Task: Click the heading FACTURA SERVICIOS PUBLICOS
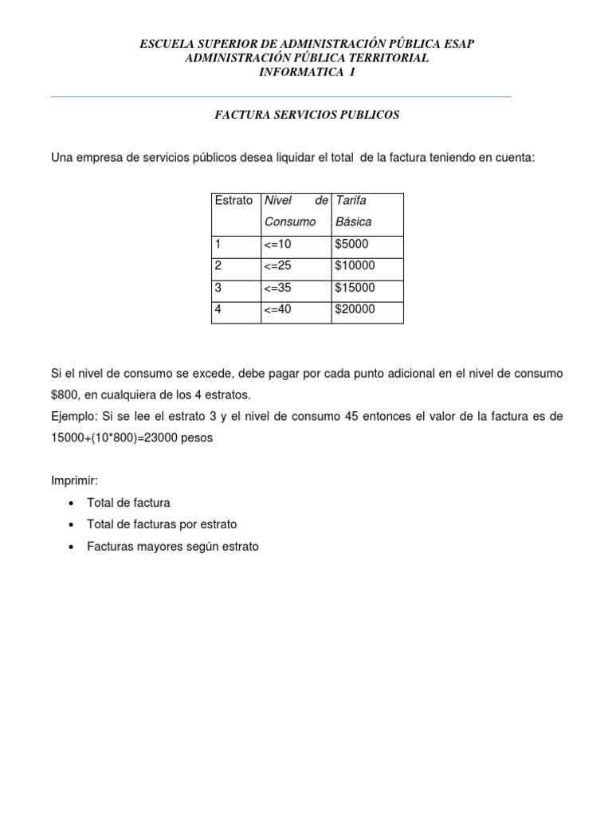pos(307,115)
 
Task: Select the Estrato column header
pos(233,200)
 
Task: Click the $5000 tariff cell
pos(353,244)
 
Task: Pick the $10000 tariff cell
pos(355,265)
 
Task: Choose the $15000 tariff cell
pos(355,288)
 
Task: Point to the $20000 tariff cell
pos(355,309)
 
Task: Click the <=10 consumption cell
pos(279,244)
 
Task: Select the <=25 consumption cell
pos(279,265)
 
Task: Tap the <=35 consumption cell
pos(279,288)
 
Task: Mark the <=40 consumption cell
pos(279,309)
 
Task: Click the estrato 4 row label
pos(218,309)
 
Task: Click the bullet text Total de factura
pos(128,503)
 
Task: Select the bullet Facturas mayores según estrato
pos(173,547)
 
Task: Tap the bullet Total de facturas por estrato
pos(162,524)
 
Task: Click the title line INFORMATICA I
pos(307,72)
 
